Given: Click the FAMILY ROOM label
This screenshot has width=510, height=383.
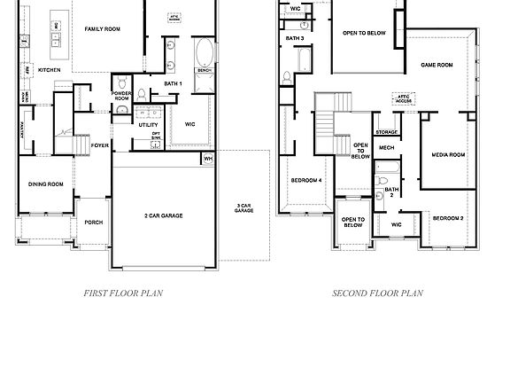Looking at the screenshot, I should (x=102, y=29).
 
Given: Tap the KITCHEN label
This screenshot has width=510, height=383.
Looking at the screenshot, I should (x=50, y=69).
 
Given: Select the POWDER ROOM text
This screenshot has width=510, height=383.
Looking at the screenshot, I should (x=121, y=97).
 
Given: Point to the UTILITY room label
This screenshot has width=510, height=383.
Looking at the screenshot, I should (x=148, y=125).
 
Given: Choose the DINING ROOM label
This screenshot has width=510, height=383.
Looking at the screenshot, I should (x=45, y=184).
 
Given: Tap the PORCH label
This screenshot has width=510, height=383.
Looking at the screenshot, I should (x=93, y=223).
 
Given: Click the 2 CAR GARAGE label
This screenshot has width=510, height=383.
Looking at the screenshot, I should (x=164, y=215).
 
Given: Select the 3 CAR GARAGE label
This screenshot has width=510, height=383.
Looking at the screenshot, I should (x=243, y=209).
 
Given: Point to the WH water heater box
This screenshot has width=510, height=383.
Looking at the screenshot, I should (x=208, y=159).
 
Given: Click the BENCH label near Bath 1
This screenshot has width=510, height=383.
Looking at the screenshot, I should (x=203, y=71).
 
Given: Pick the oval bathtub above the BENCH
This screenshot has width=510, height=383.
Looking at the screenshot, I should (x=203, y=51).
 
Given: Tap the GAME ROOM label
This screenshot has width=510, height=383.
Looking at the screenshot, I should (x=437, y=65).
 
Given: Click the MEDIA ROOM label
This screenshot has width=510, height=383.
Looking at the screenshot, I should (x=448, y=155).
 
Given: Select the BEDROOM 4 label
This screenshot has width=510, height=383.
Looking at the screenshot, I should (x=306, y=181).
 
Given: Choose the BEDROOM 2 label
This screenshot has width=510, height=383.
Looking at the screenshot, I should (x=448, y=217).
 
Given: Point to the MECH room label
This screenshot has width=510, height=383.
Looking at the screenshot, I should (x=386, y=148).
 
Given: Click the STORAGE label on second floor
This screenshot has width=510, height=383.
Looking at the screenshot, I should (x=386, y=132).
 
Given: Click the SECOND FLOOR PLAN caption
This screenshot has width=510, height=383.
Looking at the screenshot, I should (x=378, y=293).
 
